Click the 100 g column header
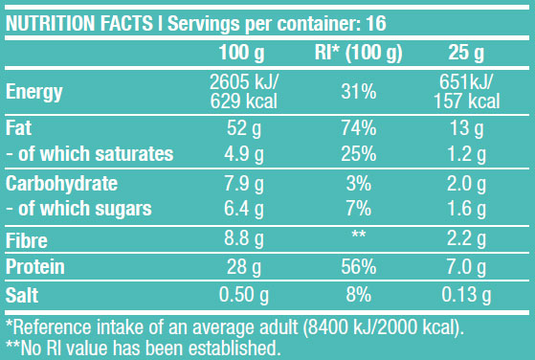click(242, 52)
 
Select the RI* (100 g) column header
click(356, 52)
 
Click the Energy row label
click(34, 93)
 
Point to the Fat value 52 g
click(242, 127)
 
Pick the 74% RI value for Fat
click(356, 127)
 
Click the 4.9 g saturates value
click(242, 152)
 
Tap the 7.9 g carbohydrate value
click(242, 183)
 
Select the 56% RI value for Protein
click(356, 267)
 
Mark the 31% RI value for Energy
click(356, 93)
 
